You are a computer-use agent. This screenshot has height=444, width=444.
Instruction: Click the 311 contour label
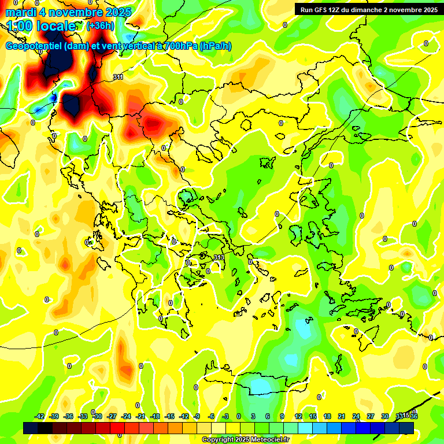click(x=118, y=77)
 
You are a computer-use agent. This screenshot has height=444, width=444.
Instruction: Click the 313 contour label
click(x=219, y=257)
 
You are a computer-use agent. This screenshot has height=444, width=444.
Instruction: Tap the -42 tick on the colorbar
click(x=39, y=416)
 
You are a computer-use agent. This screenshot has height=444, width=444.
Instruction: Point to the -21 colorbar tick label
click(x=140, y=416)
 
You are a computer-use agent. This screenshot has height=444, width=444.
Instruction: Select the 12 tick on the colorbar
click(x=298, y=416)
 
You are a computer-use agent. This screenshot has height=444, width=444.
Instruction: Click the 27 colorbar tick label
click(x=371, y=416)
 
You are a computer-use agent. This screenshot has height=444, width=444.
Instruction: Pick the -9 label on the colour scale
click(x=197, y=416)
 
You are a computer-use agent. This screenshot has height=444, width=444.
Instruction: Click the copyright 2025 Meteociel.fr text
click(x=245, y=439)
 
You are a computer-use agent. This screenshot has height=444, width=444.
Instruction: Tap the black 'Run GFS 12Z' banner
click(x=368, y=10)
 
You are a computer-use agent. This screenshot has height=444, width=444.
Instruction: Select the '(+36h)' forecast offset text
click(x=100, y=26)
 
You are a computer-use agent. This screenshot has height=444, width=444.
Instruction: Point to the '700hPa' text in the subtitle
click(x=179, y=46)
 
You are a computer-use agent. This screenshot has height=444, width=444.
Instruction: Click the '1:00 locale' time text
click(x=40, y=26)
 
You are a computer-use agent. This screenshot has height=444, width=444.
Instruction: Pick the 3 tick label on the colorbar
click(x=253, y=416)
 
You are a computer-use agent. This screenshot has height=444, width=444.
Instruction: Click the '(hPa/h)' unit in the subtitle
click(x=216, y=46)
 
